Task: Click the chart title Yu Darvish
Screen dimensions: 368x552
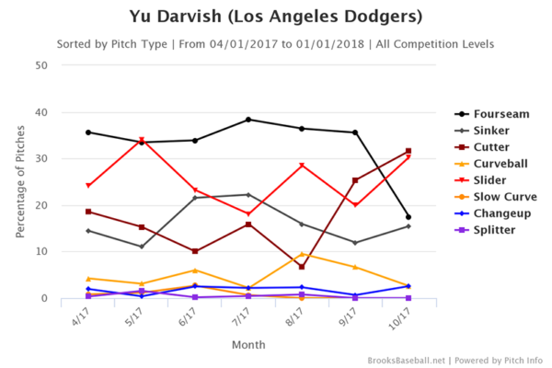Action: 275,17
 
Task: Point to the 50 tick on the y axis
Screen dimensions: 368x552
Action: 42,65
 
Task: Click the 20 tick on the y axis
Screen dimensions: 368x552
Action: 42,205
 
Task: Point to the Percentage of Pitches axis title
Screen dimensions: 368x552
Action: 20,181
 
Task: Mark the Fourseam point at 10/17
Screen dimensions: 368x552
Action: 408,217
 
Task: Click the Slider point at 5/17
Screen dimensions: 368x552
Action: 142,141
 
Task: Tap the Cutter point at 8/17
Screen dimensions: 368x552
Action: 302,267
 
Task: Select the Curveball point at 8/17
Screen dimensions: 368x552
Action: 302,254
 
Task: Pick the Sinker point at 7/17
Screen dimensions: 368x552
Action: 248,194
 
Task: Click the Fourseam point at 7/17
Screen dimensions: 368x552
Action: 248,120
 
